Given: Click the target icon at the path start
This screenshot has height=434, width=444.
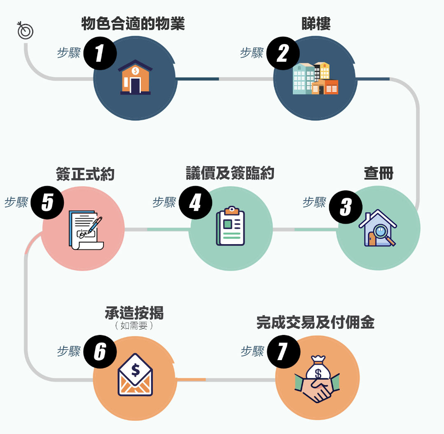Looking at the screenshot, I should (x=26, y=31).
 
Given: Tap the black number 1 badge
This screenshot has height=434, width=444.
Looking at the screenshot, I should (x=100, y=54).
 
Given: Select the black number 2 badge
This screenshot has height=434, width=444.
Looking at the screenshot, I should (x=283, y=54).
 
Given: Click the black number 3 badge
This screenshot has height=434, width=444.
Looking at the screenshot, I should (x=346, y=207).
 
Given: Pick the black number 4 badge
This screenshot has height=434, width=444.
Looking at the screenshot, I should (x=195, y=203).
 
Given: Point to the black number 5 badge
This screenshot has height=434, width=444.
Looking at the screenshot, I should (x=47, y=203).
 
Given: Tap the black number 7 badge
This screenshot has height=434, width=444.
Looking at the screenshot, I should (x=283, y=352).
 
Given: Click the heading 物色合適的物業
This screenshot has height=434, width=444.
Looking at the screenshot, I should (x=133, y=24).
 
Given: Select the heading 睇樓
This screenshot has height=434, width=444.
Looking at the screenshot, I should (x=316, y=24).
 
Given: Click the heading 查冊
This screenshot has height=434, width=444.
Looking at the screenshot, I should (x=379, y=174).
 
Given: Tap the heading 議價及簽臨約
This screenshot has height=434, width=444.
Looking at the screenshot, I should (x=230, y=174).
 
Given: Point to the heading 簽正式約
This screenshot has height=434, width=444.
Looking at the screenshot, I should (x=85, y=174).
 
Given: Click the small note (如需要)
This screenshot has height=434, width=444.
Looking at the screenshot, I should (x=134, y=326).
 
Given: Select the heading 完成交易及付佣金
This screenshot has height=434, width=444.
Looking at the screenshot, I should (x=315, y=323).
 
